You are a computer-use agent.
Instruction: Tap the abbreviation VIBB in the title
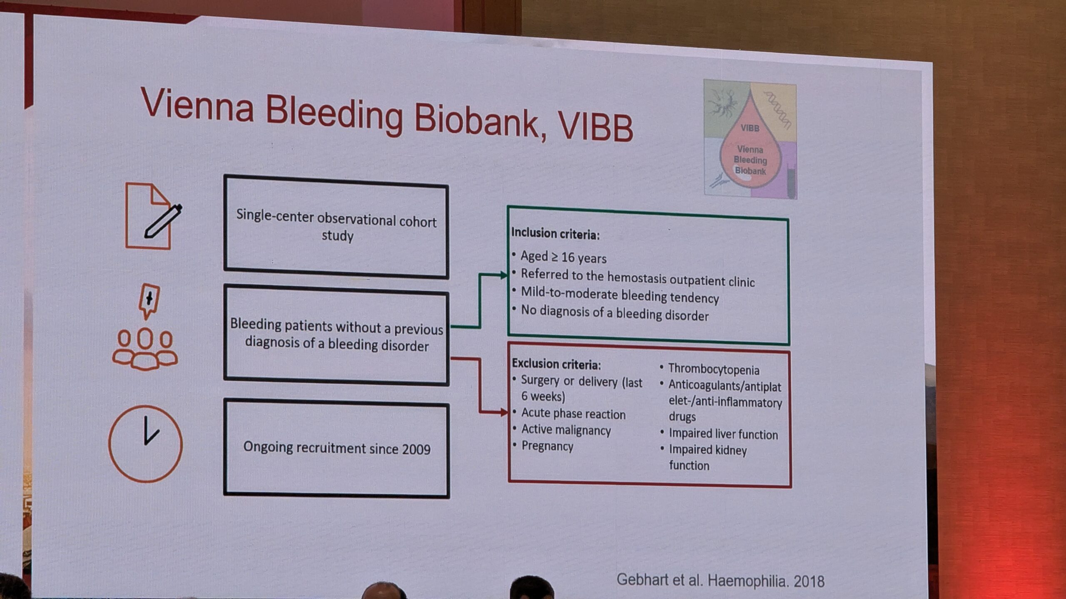pyautogui.click(x=595, y=126)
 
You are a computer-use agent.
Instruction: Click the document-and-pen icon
pyautogui.click(x=152, y=216)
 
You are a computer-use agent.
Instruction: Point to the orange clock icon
pyautogui.click(x=146, y=444)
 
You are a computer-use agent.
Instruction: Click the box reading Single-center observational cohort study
pyautogui.click(x=336, y=227)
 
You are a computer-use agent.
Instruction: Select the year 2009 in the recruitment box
pyautogui.click(x=416, y=450)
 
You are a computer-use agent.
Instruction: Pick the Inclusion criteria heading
pyautogui.click(x=555, y=234)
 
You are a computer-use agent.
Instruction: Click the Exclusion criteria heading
pyautogui.click(x=556, y=364)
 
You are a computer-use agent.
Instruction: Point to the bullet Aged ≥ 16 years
pyautogui.click(x=563, y=257)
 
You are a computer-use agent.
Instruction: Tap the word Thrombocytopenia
pyautogui.click(x=714, y=370)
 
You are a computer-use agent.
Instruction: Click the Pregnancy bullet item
pyautogui.click(x=547, y=446)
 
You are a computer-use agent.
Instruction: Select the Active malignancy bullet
pyautogui.click(x=566, y=430)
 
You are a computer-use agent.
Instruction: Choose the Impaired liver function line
pyautogui.click(x=723, y=434)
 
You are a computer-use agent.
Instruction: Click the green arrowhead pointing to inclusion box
pyautogui.click(x=503, y=275)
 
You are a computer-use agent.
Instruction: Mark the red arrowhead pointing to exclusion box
pyautogui.click(x=504, y=412)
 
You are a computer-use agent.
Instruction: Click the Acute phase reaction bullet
pyautogui.click(x=573, y=414)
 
